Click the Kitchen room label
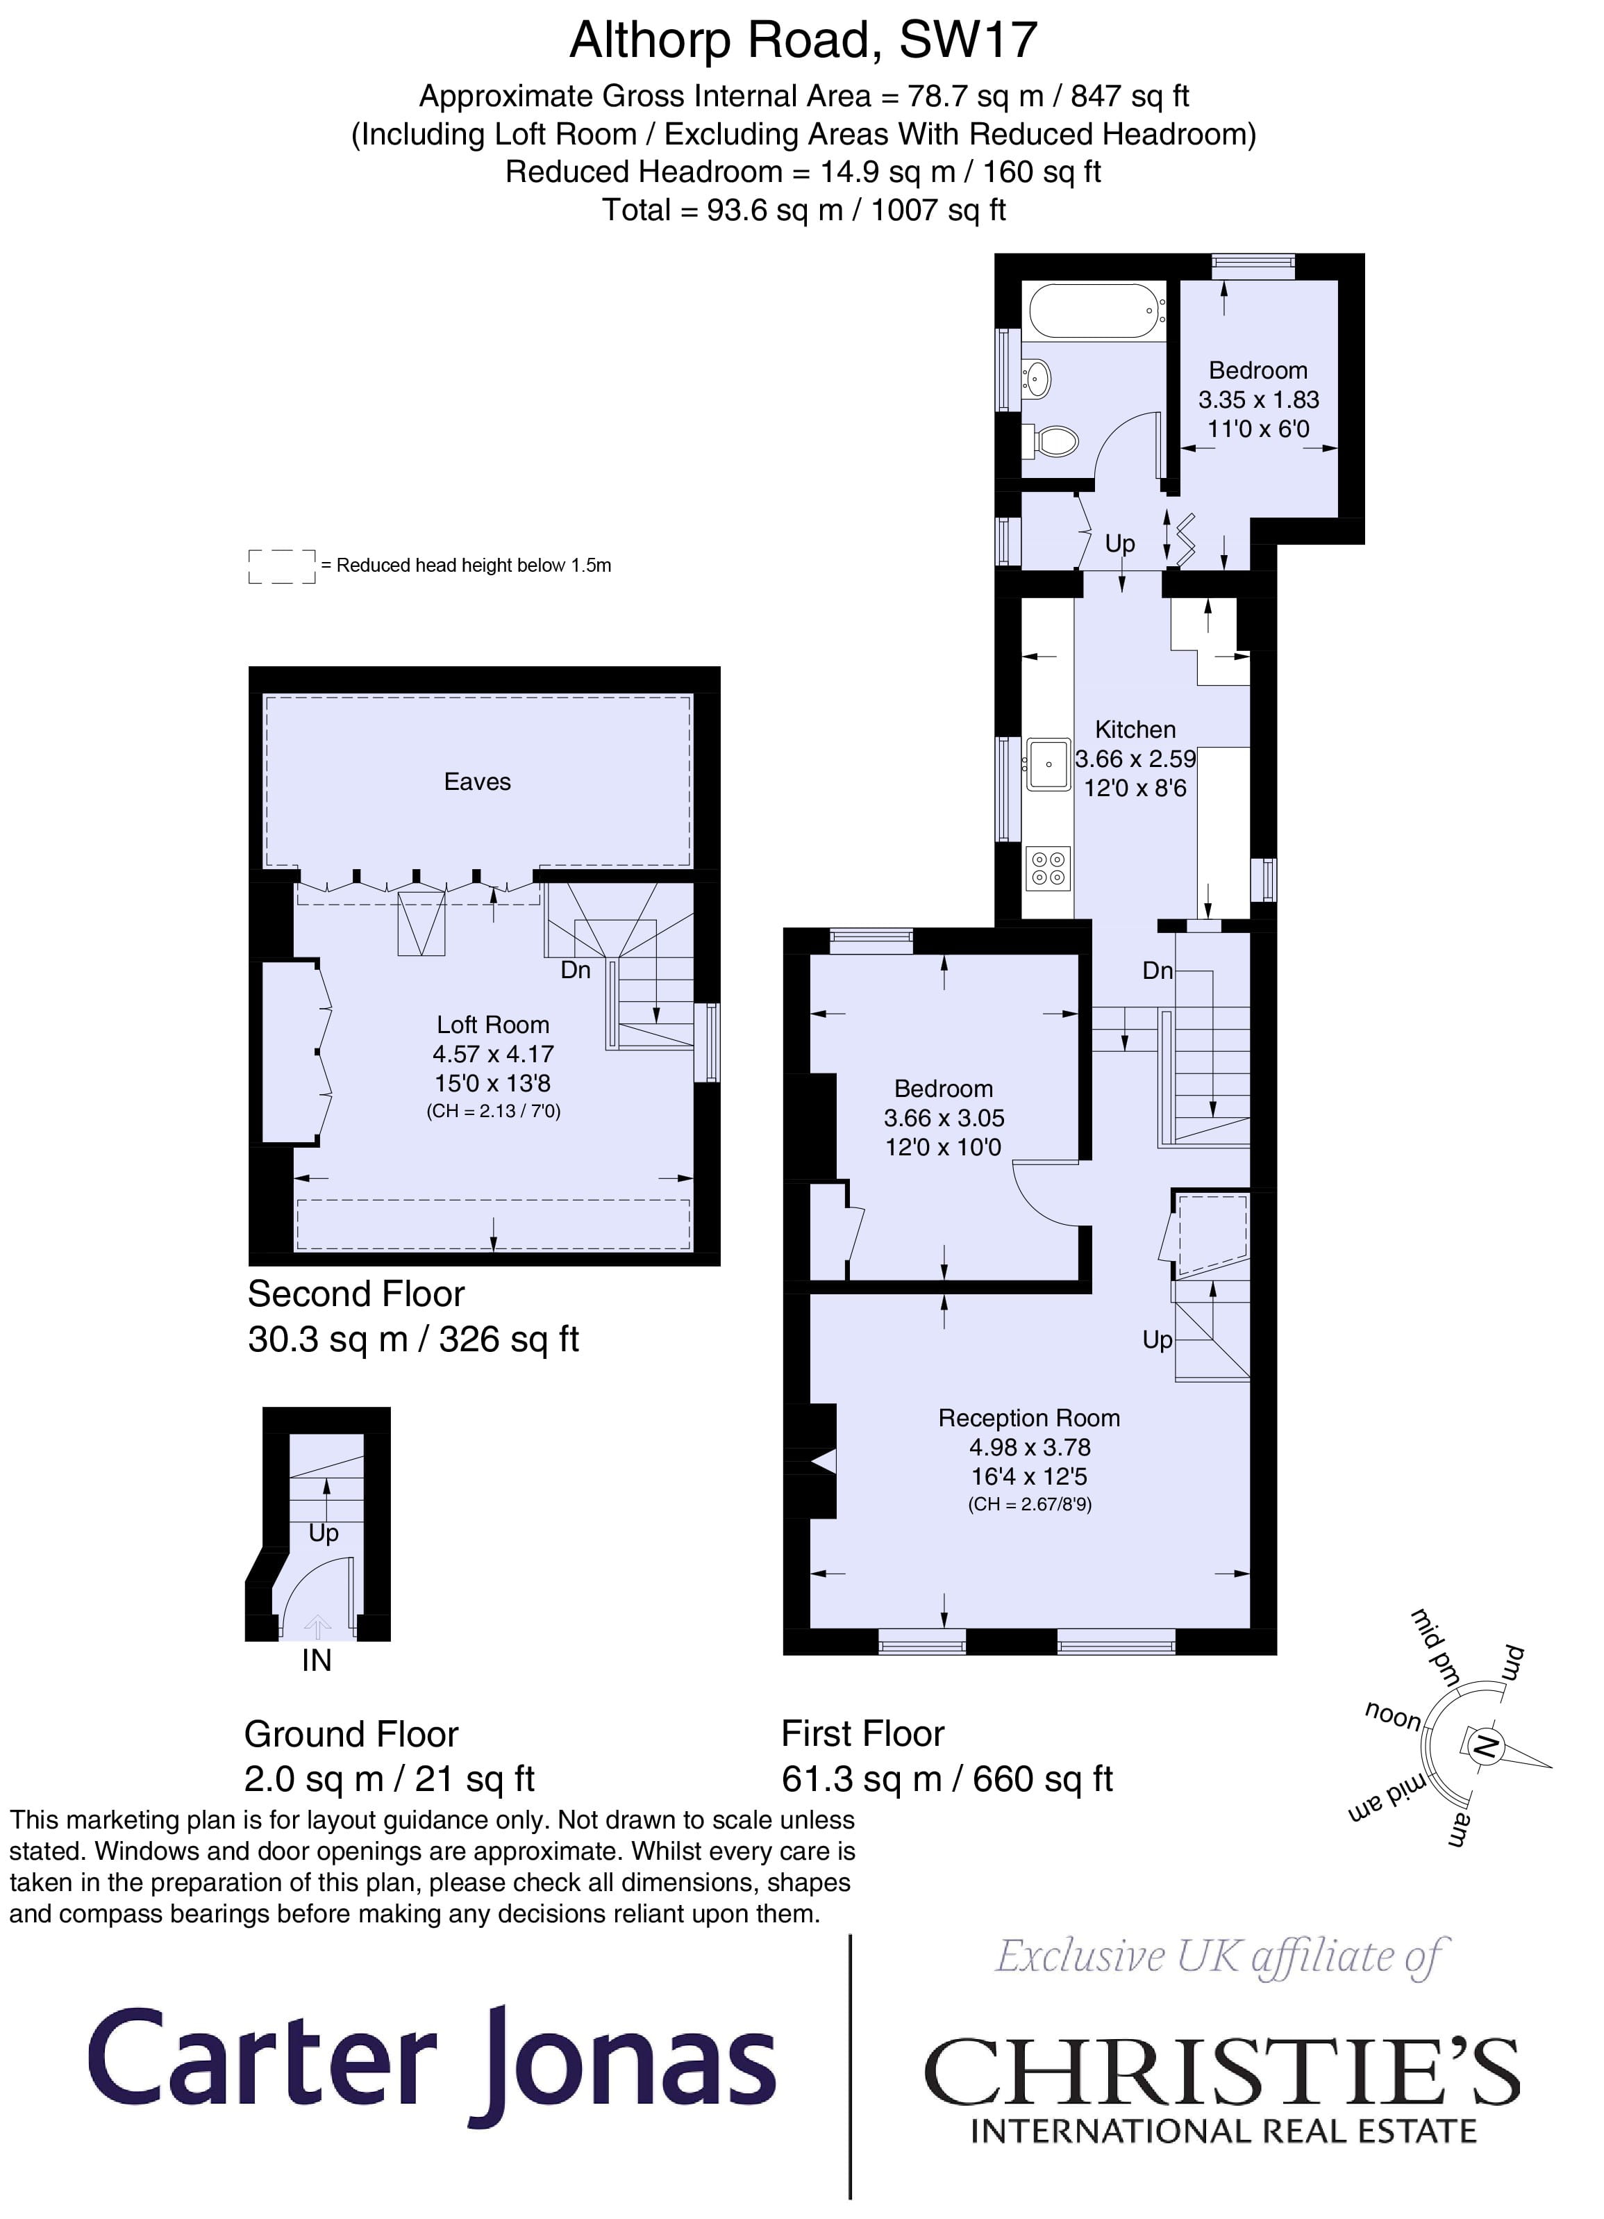1135,730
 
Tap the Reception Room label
1029,1418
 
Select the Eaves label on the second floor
477,782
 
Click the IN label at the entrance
317,1660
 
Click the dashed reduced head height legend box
282,566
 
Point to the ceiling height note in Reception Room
1029,1505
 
